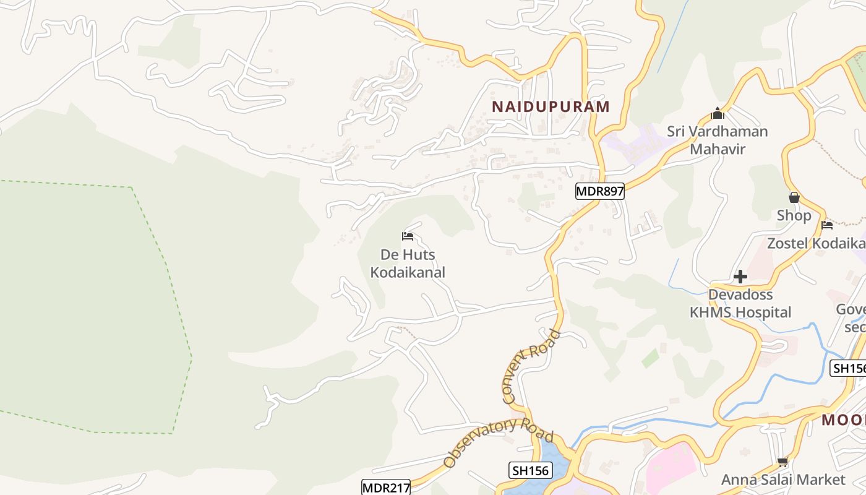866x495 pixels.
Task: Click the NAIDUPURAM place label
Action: tap(551, 106)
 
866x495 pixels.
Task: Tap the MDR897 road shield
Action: tap(599, 191)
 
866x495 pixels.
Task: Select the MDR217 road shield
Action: tap(386, 488)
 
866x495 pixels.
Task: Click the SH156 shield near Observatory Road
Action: tap(531, 470)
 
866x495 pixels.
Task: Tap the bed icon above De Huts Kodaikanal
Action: tap(407, 236)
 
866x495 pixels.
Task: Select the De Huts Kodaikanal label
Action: tap(407, 264)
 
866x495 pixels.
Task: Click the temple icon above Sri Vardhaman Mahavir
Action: tap(718, 114)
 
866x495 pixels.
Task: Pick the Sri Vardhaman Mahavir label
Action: tap(718, 140)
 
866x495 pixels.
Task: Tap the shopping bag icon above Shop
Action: tap(794, 198)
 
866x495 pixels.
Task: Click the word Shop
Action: tap(794, 215)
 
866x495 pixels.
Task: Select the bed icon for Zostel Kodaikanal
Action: tap(826, 225)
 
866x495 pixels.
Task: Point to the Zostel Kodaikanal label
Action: tap(815, 243)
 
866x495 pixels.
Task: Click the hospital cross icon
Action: tap(740, 277)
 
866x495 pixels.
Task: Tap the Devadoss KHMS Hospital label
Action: tap(740, 303)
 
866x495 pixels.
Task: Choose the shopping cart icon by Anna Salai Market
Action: tap(782, 462)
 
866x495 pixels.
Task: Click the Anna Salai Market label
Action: tap(783, 480)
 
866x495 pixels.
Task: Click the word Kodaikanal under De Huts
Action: tap(407, 272)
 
